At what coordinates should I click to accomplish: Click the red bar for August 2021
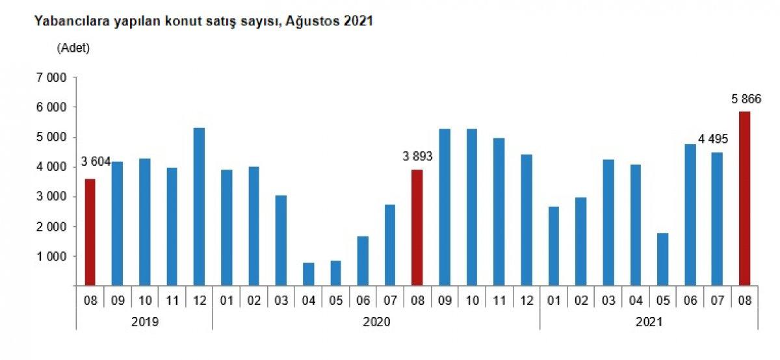click(744, 198)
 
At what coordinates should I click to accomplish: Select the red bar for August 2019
click(90, 232)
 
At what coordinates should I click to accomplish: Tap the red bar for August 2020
click(417, 227)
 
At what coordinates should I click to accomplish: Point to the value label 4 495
click(713, 138)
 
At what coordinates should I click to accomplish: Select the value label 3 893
click(417, 156)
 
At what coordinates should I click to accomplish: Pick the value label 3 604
click(96, 162)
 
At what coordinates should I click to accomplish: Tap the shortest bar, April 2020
click(308, 274)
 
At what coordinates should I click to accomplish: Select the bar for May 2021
click(662, 259)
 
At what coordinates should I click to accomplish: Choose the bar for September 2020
click(445, 207)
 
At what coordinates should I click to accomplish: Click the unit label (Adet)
click(73, 47)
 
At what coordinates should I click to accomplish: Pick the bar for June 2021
click(690, 214)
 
